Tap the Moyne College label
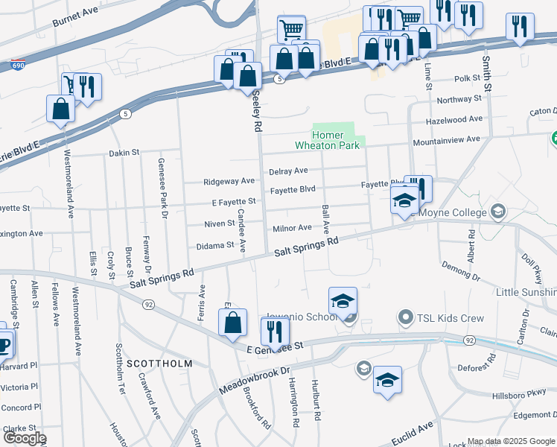[x=454, y=212]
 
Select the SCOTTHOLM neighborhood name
[x=159, y=364]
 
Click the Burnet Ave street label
[x=75, y=18]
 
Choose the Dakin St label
[x=124, y=153]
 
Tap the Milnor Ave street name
[x=293, y=227]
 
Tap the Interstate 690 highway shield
[x=19, y=65]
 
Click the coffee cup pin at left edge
[x=4, y=345]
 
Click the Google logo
[x=24, y=438]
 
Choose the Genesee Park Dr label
[x=161, y=188]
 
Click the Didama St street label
[x=214, y=246]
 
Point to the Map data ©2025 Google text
[x=511, y=442]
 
